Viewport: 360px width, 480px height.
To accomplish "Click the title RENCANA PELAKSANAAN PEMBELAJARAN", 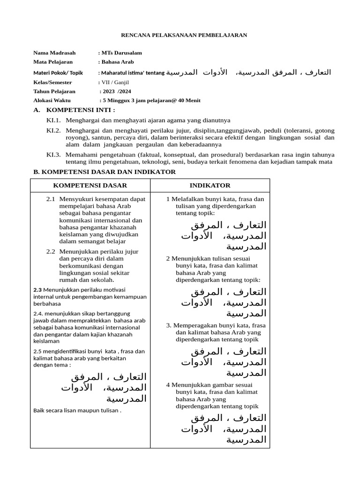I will (184, 35).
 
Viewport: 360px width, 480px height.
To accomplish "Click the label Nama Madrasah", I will (54, 53).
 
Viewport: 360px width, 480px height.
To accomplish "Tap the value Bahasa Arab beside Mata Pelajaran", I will (118, 62).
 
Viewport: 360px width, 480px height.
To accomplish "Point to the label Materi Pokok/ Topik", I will (58, 73).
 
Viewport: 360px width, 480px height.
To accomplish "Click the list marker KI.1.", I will (53, 121).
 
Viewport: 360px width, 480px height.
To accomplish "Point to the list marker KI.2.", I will (53, 130).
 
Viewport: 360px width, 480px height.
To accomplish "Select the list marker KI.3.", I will (53, 155).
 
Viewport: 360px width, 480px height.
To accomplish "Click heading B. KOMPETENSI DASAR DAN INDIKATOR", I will (105, 172).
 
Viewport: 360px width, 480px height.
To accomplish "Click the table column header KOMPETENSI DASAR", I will (90, 186).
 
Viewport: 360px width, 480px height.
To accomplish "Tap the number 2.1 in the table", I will (51, 199).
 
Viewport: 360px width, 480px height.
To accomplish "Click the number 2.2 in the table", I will (51, 252).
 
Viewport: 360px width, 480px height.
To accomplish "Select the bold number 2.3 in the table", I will (38, 289).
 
